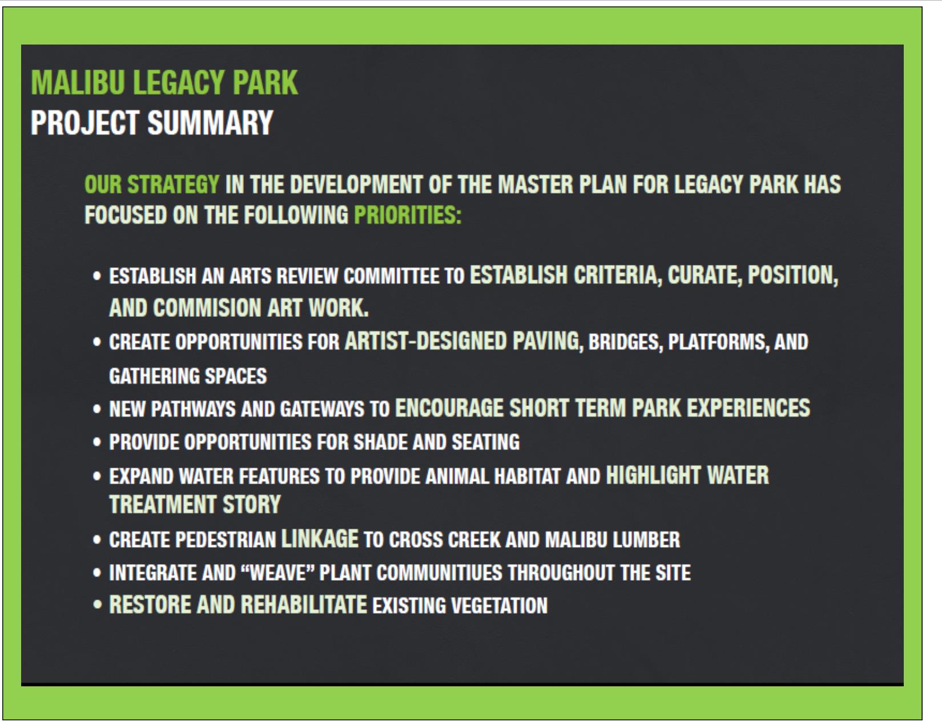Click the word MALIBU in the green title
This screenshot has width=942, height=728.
pyautogui.click(x=78, y=83)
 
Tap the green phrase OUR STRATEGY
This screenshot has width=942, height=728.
pyautogui.click(x=152, y=185)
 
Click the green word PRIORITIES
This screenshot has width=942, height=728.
pyautogui.click(x=407, y=215)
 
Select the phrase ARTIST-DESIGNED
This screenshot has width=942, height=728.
pyautogui.click(x=425, y=341)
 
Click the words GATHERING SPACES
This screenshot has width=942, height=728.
pyautogui.click(x=188, y=376)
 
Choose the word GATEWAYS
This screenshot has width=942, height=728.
pyautogui.click(x=322, y=409)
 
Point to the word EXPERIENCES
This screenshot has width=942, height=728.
pyautogui.click(x=748, y=408)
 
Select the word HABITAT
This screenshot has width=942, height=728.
pyautogui.click(x=527, y=477)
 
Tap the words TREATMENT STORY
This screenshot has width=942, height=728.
pyautogui.click(x=195, y=505)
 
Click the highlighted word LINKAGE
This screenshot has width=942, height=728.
pyautogui.click(x=320, y=539)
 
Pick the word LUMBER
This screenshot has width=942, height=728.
pyautogui.click(x=646, y=540)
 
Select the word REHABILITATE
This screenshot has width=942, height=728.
pyautogui.click(x=304, y=605)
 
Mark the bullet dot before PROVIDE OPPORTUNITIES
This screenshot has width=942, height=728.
pyautogui.click(x=97, y=442)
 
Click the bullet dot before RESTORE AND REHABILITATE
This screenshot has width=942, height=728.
pyautogui.click(x=97, y=605)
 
